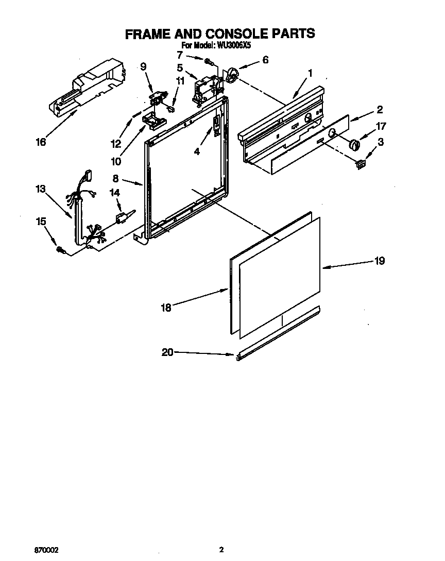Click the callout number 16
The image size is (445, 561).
point(41,142)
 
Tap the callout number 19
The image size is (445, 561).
point(379,261)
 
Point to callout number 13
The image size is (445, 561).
point(41,189)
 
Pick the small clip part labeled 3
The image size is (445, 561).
point(360,164)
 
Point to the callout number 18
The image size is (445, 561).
point(166,308)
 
